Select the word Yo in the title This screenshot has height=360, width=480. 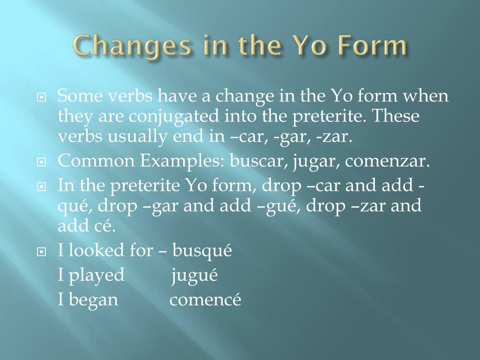[x=306, y=46]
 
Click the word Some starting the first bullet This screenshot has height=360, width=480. [x=80, y=97]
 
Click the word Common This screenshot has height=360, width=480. [x=96, y=161]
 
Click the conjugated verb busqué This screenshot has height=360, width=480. [x=202, y=251]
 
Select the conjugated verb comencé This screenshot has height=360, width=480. [x=205, y=300]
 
